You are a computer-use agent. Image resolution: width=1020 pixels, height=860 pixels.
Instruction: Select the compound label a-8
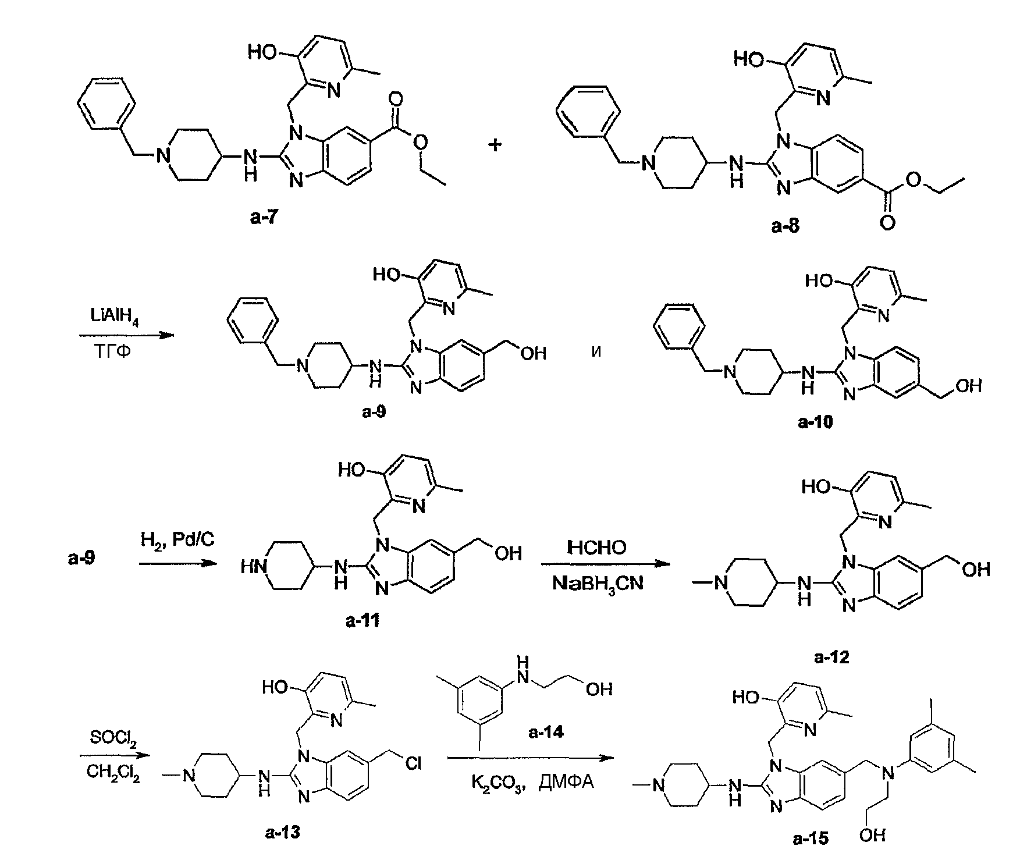(x=785, y=226)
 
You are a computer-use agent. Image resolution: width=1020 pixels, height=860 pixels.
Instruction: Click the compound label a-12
(x=831, y=658)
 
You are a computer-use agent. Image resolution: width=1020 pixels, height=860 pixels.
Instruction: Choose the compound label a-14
(x=546, y=732)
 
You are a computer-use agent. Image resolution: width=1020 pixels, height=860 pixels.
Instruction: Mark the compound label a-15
(x=810, y=838)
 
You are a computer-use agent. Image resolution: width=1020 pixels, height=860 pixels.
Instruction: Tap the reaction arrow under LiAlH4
(x=126, y=336)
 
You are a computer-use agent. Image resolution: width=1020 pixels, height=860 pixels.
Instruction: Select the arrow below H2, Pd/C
(x=177, y=563)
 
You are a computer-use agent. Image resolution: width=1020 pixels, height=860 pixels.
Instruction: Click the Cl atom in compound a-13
(x=413, y=763)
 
